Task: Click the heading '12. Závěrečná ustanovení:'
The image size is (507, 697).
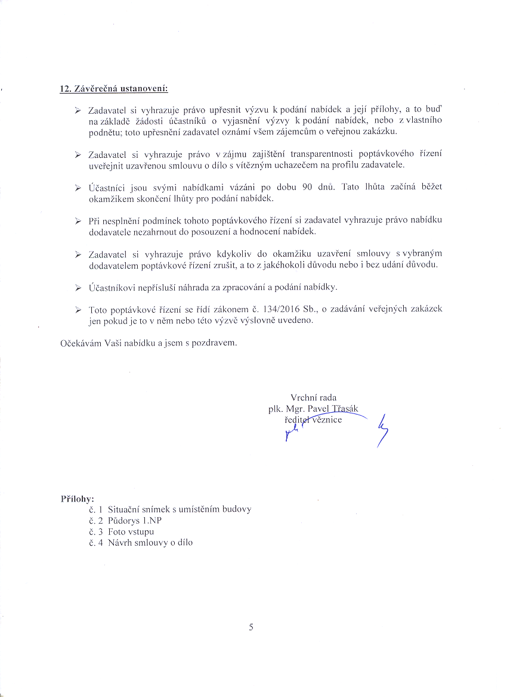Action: (x=114, y=89)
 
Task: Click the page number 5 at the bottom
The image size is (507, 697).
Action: (x=251, y=627)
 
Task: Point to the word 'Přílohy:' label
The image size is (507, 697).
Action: (x=78, y=499)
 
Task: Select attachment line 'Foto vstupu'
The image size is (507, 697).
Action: (x=131, y=531)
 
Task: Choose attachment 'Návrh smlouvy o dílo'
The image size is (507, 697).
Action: (x=150, y=543)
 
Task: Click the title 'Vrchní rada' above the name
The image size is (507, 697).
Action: (x=313, y=397)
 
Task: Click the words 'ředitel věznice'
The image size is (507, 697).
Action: (x=313, y=420)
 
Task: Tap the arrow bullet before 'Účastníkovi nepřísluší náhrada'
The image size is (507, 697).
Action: (x=78, y=288)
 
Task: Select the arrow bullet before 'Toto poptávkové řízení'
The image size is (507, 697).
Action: (x=78, y=310)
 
